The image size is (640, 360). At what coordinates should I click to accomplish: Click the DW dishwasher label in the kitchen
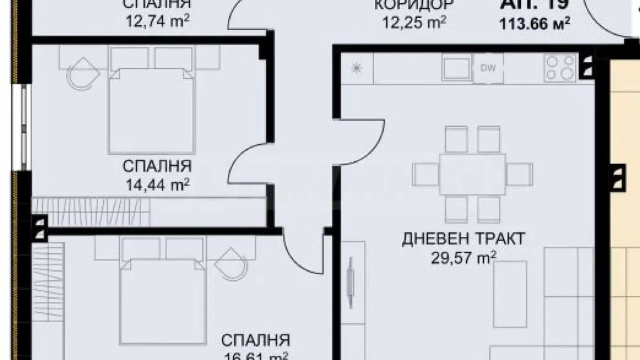click(488, 69)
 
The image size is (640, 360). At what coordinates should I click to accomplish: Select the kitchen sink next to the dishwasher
click(456, 69)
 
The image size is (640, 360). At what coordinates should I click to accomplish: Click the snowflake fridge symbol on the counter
click(356, 68)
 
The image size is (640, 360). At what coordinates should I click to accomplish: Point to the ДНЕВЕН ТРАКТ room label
click(464, 239)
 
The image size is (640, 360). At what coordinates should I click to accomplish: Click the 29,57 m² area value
click(464, 258)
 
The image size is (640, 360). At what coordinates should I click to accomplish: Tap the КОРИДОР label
click(414, 4)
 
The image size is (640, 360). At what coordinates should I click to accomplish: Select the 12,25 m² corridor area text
click(414, 22)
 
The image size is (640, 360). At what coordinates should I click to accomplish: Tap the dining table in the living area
click(472, 174)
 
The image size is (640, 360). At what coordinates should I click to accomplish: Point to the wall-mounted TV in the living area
click(350, 282)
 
